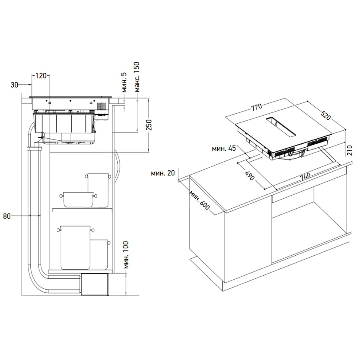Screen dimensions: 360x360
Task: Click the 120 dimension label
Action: click(x=41, y=76)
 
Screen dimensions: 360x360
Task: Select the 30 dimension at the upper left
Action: click(x=14, y=85)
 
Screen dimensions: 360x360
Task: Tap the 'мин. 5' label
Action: click(x=124, y=82)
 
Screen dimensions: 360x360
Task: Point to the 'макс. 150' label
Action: click(x=137, y=77)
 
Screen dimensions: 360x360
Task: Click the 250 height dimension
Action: click(x=150, y=125)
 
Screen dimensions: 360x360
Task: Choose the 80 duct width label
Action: click(x=7, y=216)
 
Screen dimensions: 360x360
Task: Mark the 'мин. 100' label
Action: click(x=126, y=255)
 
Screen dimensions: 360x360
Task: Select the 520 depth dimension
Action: click(x=326, y=116)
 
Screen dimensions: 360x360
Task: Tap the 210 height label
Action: click(x=350, y=150)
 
